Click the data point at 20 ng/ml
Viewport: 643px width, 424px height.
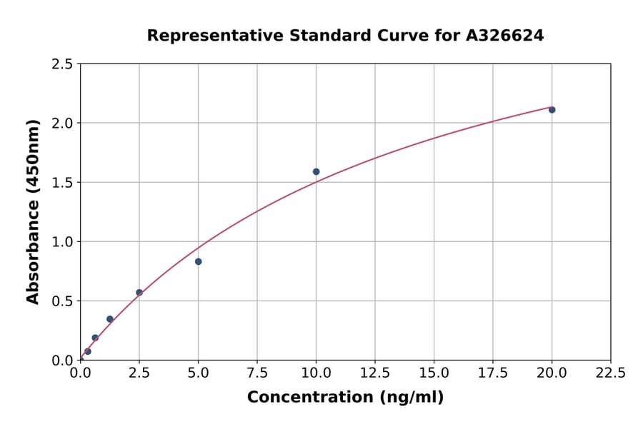(552, 110)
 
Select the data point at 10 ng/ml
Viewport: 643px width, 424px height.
(316, 172)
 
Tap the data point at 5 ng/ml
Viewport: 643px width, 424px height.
(199, 262)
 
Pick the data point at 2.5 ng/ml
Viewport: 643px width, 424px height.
(139, 293)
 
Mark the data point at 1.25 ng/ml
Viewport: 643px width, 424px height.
(110, 319)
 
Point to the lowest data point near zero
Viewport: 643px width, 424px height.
(88, 351)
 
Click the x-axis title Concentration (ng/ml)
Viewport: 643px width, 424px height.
(345, 398)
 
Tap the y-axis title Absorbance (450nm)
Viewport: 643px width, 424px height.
(33, 211)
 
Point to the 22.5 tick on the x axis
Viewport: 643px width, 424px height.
(611, 373)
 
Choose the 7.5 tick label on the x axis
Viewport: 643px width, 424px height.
(257, 373)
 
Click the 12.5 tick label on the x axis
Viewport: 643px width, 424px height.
(375, 373)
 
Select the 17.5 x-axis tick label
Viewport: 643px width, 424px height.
(493, 373)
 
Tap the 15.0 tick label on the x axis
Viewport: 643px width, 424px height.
(434, 373)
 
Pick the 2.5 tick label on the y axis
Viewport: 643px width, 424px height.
(63, 64)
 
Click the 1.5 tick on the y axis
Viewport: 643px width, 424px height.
(63, 183)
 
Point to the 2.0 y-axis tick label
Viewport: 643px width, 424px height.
(63, 123)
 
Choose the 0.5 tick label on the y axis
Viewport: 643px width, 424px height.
(63, 301)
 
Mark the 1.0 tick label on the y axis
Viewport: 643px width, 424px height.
(63, 242)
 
